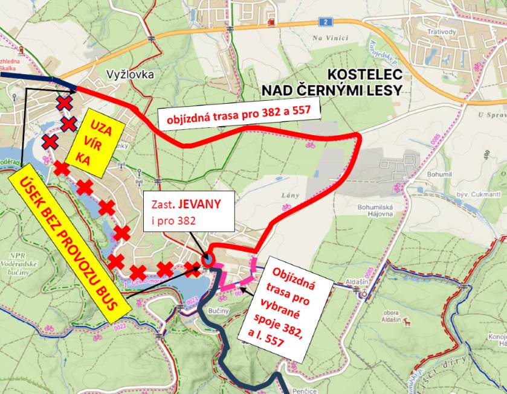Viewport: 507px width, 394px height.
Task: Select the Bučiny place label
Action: (x=218, y=310)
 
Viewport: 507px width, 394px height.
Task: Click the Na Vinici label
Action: (x=330, y=37)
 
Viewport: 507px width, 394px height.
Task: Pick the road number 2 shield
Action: (x=327, y=22)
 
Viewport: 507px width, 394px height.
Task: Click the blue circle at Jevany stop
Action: (x=208, y=260)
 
